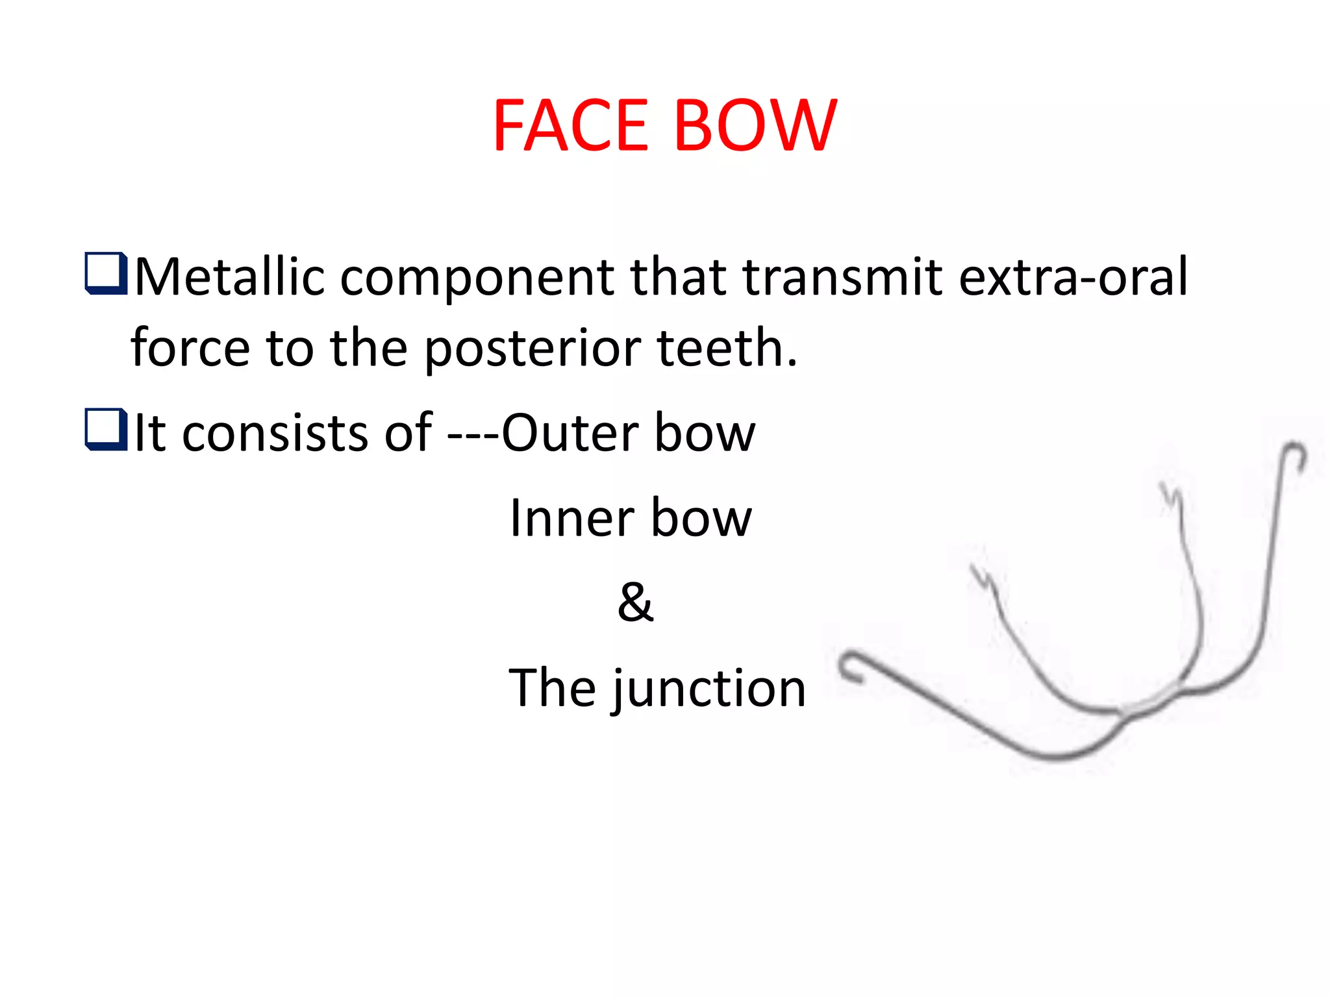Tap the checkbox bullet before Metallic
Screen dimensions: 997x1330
click(x=105, y=273)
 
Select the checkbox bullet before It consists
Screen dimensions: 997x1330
click(x=105, y=429)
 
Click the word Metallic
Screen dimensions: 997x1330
click(x=229, y=277)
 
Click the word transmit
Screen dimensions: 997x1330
click(x=842, y=277)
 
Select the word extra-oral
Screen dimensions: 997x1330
click(x=1073, y=277)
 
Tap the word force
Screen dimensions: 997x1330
click(x=190, y=348)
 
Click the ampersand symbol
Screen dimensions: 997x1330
click(x=635, y=602)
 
